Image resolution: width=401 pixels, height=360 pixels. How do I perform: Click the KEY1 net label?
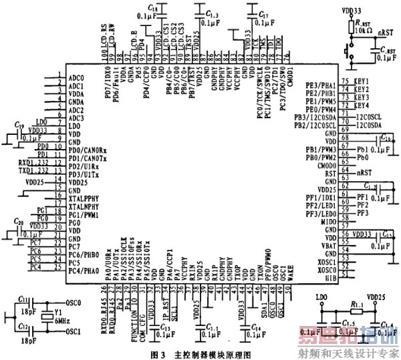pyautogui.click(x=362, y=81)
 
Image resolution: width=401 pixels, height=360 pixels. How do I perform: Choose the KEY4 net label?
pyautogui.click(x=362, y=105)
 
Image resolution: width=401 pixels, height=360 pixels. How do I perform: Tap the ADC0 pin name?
pyautogui.click(x=76, y=77)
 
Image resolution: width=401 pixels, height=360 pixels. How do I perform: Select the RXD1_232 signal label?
pyautogui.click(x=33, y=162)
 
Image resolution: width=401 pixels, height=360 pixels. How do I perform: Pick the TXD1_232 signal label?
pyautogui.click(x=33, y=170)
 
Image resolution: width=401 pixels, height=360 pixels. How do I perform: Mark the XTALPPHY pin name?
pyautogui.click(x=85, y=198)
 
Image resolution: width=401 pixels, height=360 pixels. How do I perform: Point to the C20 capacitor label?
pyautogui.click(x=19, y=222)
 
